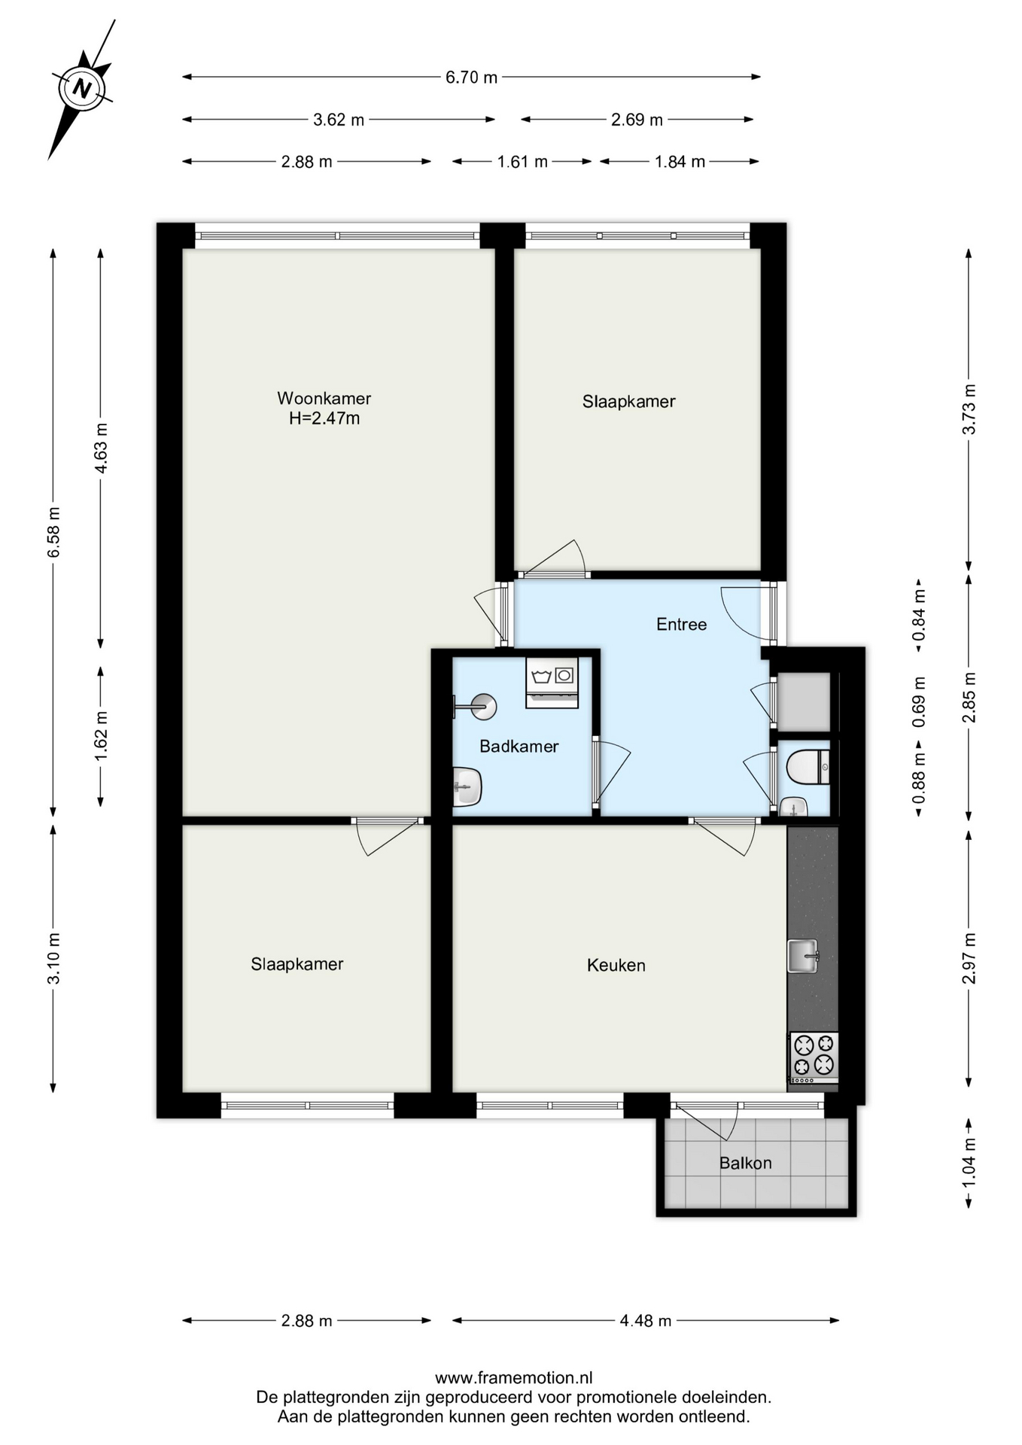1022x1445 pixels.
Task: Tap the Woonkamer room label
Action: pos(324,398)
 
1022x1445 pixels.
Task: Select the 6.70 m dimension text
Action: pos(472,78)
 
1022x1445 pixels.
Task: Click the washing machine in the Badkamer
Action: pos(552,683)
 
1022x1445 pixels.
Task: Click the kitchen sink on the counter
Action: pos(803,956)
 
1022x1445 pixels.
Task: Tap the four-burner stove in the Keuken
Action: pos(814,1055)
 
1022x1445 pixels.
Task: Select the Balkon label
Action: pos(745,1164)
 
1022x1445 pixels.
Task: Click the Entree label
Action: pos(681,624)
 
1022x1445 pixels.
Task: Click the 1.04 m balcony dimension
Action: pos(969,1163)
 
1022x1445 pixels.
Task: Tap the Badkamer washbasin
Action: pos(467,786)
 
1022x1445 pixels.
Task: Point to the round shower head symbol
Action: pos(482,706)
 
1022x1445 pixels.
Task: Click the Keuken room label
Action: pos(616,965)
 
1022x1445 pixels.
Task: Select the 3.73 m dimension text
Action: pos(969,409)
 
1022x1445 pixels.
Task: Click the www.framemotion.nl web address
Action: pos(514,1378)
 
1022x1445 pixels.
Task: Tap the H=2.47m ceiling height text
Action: pos(324,418)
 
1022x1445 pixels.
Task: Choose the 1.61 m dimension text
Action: pos(522,162)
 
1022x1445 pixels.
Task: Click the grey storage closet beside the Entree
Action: pos(803,701)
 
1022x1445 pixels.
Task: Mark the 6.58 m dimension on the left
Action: pos(53,532)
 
